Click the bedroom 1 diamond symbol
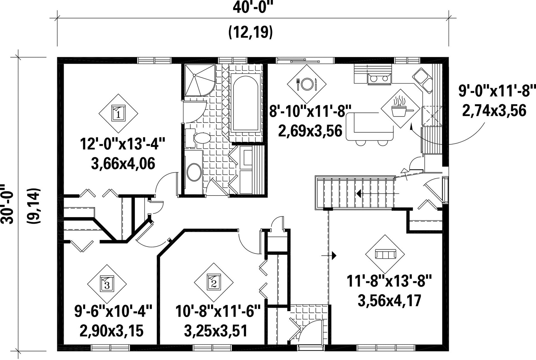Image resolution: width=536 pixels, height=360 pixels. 119,114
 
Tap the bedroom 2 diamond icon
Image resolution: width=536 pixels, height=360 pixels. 214,282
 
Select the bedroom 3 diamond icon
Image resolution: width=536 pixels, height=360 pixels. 107,284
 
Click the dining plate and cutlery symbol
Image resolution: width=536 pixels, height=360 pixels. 307,84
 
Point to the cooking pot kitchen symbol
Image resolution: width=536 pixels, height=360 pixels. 401,108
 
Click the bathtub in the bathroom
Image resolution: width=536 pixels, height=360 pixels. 246,103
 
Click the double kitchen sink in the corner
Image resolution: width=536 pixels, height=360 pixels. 423,79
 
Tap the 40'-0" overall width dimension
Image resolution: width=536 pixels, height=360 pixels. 253,7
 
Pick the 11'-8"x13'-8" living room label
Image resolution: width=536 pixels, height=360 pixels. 389,281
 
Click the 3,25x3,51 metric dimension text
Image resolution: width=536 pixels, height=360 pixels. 216,331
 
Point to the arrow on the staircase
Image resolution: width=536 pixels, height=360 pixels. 378,194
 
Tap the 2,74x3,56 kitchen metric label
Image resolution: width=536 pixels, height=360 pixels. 494,111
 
